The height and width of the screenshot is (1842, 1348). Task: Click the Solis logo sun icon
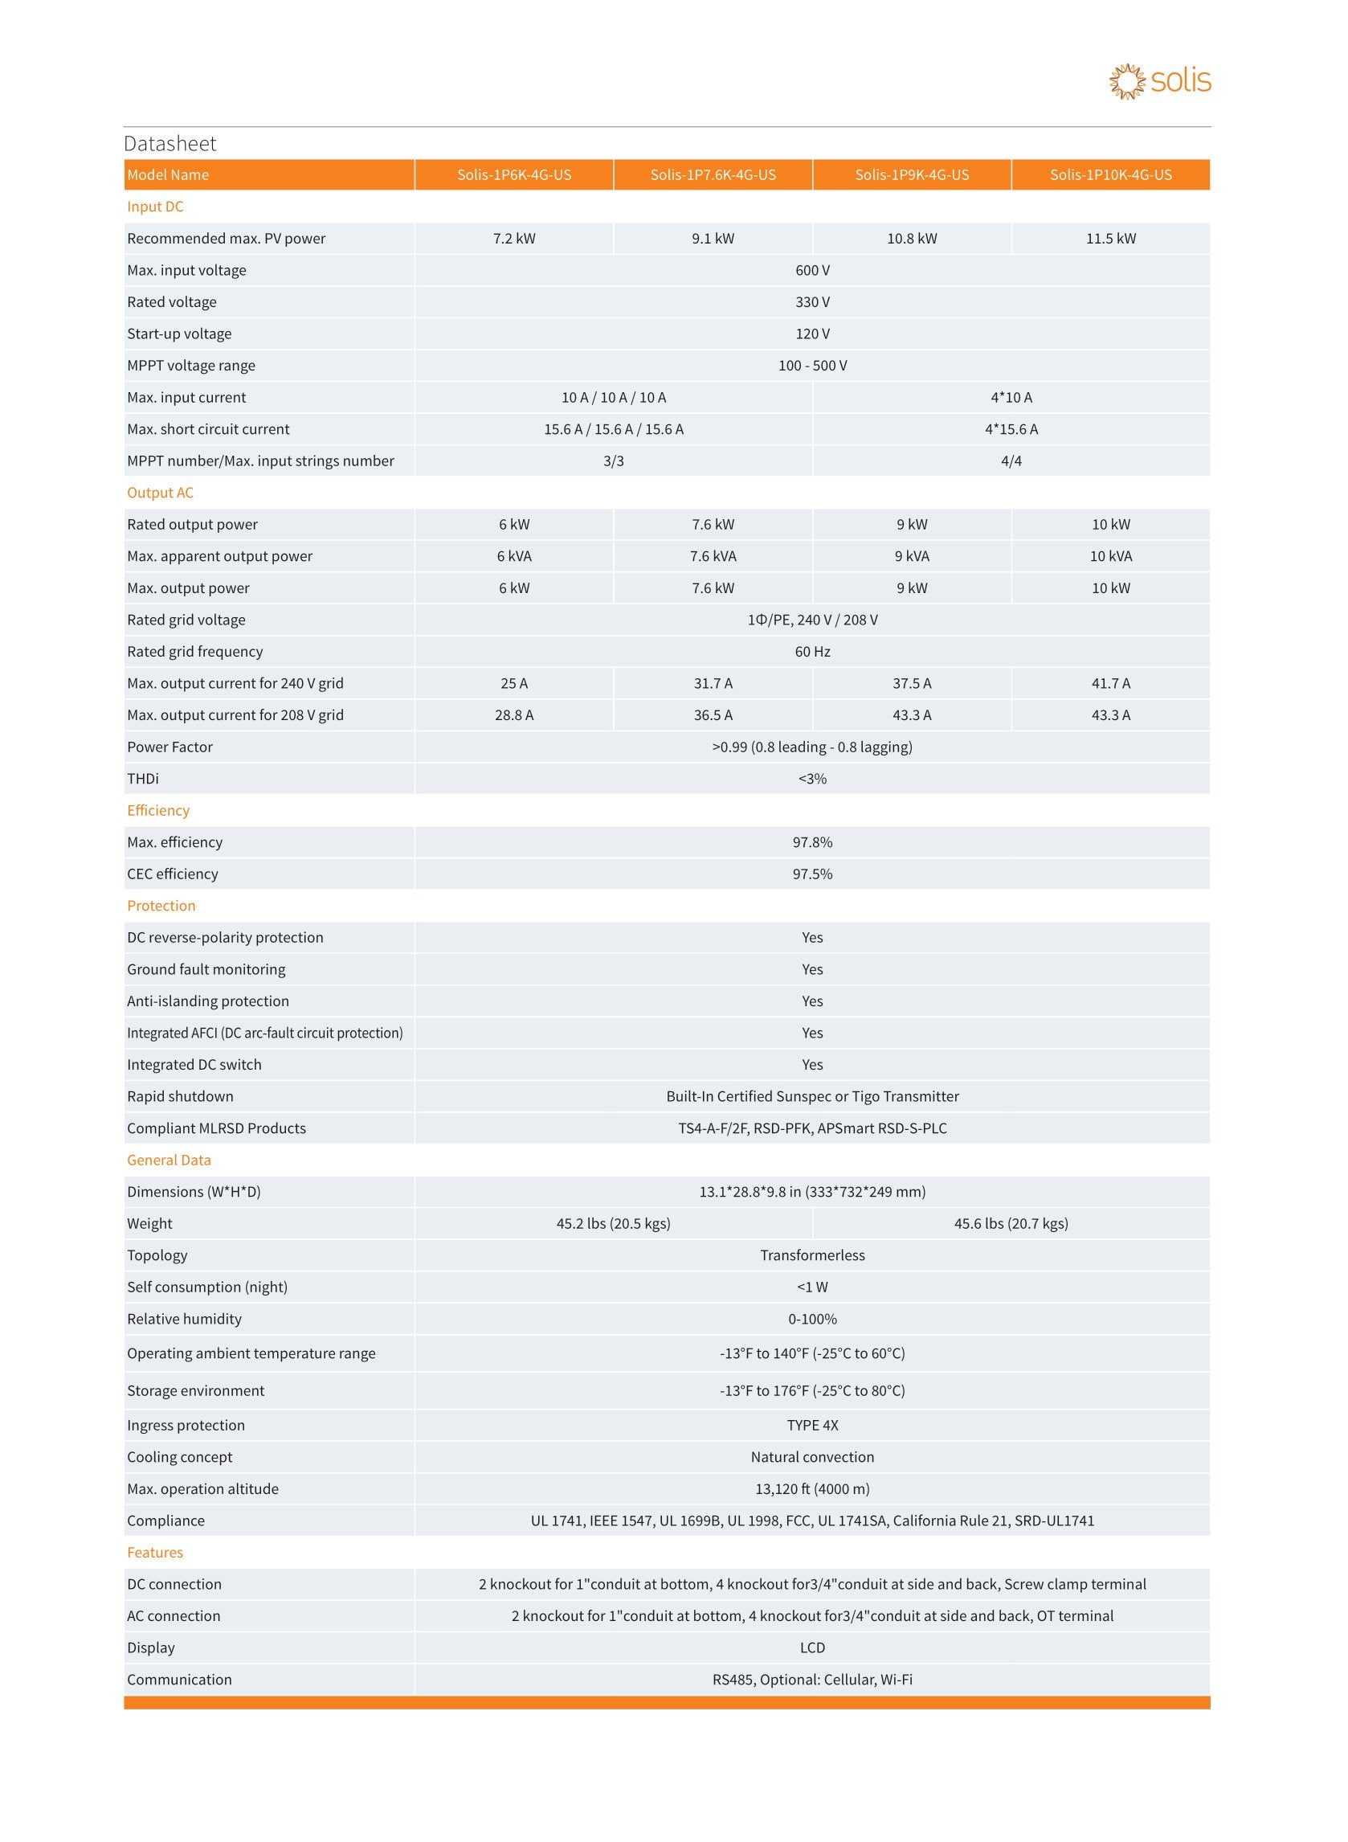[1127, 82]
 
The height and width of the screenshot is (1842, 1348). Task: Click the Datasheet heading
[170, 144]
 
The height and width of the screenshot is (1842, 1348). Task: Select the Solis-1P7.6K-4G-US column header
[713, 174]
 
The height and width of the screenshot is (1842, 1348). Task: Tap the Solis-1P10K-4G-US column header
[1109, 174]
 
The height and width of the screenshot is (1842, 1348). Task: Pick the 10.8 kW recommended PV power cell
[912, 239]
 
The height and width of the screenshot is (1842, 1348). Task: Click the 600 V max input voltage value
[812, 270]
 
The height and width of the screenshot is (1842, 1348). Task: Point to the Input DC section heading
[155, 207]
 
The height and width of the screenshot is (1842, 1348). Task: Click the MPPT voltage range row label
[191, 366]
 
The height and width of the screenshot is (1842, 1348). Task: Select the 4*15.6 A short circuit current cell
[1011, 429]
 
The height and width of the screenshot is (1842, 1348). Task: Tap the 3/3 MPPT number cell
[614, 461]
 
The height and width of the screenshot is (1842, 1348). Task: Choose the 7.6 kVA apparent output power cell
[713, 557]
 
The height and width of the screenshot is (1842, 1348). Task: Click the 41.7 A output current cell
[1109, 683]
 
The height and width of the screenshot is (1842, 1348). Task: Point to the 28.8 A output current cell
[514, 715]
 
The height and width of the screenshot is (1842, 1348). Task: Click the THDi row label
[143, 779]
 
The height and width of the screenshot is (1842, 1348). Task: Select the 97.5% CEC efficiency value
[812, 874]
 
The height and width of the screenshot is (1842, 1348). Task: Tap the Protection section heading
[161, 906]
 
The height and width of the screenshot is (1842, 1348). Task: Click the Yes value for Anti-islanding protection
[812, 1001]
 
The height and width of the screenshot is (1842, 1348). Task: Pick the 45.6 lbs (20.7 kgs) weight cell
[1011, 1223]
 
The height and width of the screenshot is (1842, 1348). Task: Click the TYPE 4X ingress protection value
[812, 1425]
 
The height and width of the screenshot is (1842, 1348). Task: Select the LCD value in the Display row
[812, 1648]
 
